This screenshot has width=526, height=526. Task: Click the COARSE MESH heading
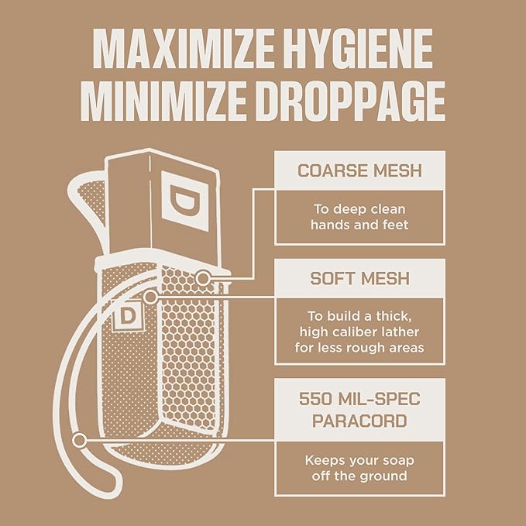pos(359,170)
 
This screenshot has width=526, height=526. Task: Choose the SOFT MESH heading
pos(359,278)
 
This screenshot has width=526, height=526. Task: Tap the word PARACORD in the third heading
pos(359,421)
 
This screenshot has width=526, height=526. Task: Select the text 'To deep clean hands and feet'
pos(359,217)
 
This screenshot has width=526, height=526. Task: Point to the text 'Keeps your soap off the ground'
pos(359,468)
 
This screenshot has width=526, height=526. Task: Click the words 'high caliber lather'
pos(359,332)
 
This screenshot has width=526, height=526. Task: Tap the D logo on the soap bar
pos(185,201)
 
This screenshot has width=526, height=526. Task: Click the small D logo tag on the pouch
pos(127,315)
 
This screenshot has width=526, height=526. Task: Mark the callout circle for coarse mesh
pos(203,278)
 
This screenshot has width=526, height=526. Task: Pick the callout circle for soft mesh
pos(150,297)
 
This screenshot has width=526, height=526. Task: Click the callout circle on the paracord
pos(79,440)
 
